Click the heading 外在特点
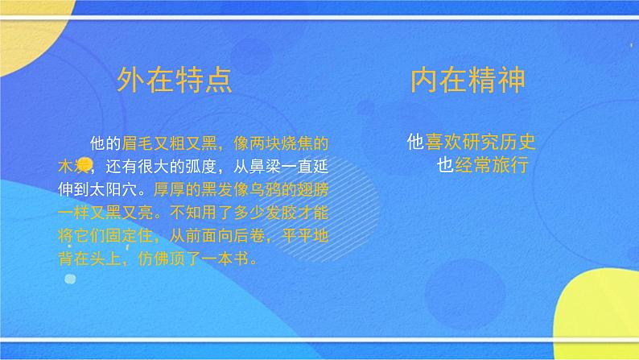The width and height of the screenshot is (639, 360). pyautogui.click(x=175, y=81)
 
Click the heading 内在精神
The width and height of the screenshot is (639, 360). pyautogui.click(x=468, y=81)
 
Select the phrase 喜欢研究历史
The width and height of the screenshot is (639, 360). pyautogui.click(x=480, y=143)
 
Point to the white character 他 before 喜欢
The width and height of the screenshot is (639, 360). pyautogui.click(x=415, y=143)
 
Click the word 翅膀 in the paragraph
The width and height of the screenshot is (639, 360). pyautogui.click(x=312, y=192)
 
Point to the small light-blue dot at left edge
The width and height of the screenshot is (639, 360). pyautogui.click(x=70, y=279)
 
